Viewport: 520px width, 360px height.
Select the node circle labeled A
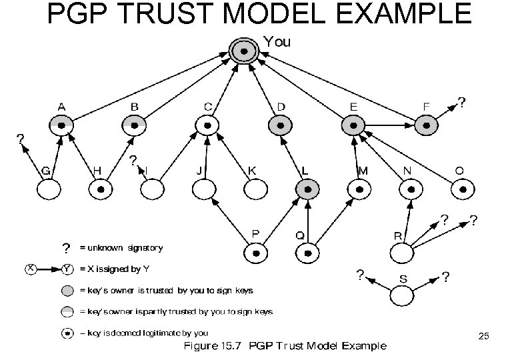point(61,125)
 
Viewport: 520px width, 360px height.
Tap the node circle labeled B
point(135,125)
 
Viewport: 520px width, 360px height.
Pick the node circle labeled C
point(207,125)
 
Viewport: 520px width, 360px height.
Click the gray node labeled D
point(279,125)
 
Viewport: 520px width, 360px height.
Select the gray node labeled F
point(426,125)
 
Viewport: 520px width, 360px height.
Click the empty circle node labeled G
point(48,190)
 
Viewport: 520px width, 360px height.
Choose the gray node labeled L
point(306,190)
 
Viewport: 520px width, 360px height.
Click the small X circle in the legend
point(31,269)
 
